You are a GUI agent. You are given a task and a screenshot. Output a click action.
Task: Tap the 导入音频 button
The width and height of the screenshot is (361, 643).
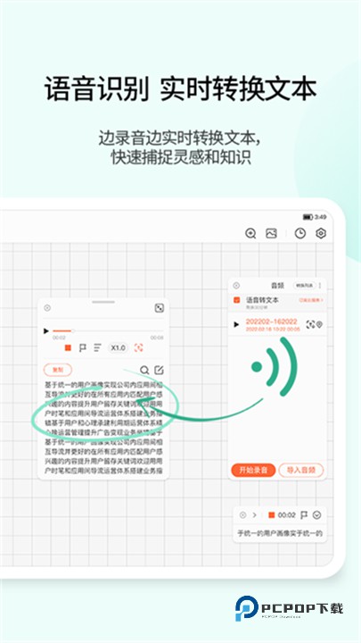point(300,470)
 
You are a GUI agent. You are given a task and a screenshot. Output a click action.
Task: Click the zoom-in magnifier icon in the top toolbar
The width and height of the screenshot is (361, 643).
point(250,234)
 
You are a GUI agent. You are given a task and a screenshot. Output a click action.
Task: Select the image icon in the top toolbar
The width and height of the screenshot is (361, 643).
point(272,234)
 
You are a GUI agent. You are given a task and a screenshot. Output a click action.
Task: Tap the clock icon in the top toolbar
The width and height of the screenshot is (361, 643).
point(300,234)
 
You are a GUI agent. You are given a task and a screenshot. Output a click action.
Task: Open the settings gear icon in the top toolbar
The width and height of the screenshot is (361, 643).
point(321,234)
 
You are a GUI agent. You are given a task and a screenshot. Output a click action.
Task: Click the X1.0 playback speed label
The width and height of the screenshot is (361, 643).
point(119,347)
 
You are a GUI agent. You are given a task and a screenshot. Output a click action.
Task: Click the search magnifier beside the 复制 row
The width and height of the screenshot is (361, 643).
point(144,370)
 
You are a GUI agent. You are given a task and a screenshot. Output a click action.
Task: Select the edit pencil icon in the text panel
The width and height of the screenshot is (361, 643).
point(159,370)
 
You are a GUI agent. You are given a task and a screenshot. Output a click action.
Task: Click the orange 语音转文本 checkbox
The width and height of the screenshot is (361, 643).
point(236,300)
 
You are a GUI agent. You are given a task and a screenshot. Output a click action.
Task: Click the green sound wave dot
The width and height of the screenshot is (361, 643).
point(257,366)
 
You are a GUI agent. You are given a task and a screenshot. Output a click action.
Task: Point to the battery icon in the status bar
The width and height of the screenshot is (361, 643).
point(308,217)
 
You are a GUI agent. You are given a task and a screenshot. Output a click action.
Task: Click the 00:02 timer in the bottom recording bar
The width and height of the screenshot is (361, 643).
point(287,514)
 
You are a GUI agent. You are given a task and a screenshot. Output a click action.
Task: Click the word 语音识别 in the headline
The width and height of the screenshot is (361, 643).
point(97,89)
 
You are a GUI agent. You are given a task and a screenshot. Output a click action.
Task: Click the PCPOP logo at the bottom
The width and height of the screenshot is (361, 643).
point(289,607)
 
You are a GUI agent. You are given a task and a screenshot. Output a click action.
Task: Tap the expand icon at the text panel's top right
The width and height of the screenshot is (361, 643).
point(159,308)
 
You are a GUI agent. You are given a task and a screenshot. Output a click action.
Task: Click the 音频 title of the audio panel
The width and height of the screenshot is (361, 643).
point(277,286)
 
